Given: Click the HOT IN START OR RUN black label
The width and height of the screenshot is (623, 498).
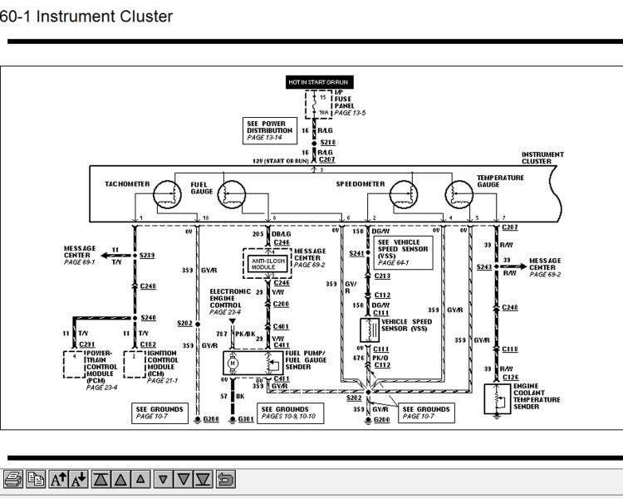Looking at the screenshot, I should pyautogui.click(x=319, y=82).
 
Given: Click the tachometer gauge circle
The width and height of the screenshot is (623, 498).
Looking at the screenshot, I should pyautogui.click(x=173, y=194).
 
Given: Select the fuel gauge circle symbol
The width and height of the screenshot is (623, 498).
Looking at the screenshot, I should pyautogui.click(x=233, y=194).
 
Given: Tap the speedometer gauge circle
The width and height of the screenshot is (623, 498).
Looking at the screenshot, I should pyautogui.click(x=407, y=194).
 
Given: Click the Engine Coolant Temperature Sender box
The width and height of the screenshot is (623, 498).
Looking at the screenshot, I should pyautogui.click(x=498, y=399).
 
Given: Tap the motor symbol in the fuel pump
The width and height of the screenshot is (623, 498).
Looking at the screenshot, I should pyautogui.click(x=233, y=362).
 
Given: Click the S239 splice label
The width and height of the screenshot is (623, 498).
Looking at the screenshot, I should pyautogui.click(x=147, y=256).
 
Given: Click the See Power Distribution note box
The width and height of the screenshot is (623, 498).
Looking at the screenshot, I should pyautogui.click(x=270, y=130).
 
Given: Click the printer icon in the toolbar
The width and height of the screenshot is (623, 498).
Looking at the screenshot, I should pyautogui.click(x=13, y=479).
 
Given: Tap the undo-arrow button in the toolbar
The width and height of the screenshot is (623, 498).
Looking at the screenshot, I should pyautogui.click(x=225, y=479).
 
